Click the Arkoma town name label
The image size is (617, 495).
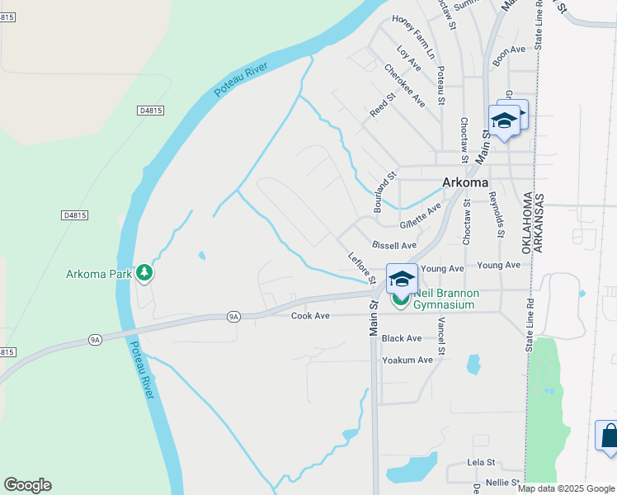coord(465,182)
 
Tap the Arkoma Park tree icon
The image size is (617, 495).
coord(144,272)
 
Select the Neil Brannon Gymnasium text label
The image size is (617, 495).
coord(445,299)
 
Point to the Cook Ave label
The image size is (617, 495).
coord(310,316)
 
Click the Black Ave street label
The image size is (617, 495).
coord(402,338)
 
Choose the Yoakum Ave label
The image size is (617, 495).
coord(407,360)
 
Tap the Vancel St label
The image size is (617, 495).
coord(442,336)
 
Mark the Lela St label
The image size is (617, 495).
coord(480,463)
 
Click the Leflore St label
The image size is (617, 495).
coord(361,268)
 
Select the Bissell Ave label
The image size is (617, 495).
coord(394,246)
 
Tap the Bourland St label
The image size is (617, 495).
coord(385,192)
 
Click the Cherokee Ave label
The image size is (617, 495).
coord(404,86)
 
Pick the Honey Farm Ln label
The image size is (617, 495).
coord(412,38)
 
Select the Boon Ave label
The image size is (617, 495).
coord(509,50)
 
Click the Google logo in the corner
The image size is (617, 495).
coord(27,485)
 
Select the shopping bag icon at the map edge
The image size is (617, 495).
coord(608,435)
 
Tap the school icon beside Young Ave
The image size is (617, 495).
coord(402,277)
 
